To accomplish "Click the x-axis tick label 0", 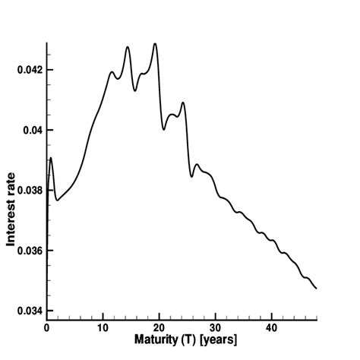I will tap(47, 327).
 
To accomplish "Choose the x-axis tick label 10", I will tap(103, 327).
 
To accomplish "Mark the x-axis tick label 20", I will tap(159, 327).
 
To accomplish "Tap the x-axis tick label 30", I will tap(215, 327).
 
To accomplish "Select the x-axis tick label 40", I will tap(271, 327).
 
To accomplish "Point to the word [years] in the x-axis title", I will tap(219, 339).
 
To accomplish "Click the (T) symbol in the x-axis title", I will tap(189, 339).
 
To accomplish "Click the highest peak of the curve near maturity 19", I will tap(155, 43).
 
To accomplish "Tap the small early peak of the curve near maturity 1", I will tap(50, 158).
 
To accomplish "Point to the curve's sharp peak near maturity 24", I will tap(183, 103).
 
